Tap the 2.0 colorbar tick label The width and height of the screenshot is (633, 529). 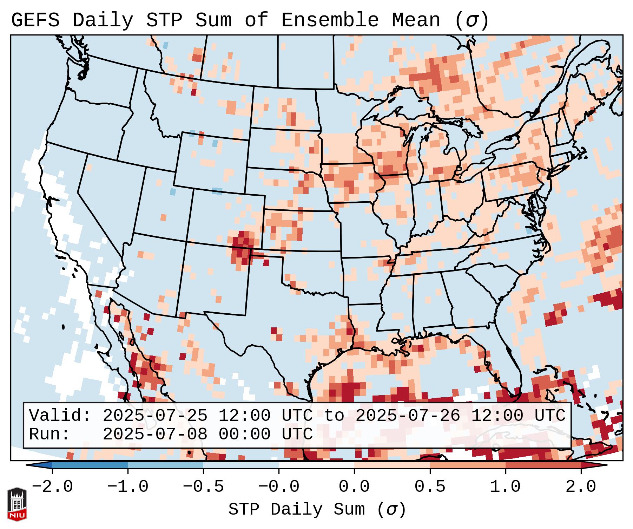click(x=581, y=487)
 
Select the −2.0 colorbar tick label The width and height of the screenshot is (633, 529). click(x=52, y=487)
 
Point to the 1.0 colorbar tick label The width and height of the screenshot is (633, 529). click(x=505, y=487)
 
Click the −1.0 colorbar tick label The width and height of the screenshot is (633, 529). click(x=128, y=487)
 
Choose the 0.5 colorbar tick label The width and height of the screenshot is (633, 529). click(x=430, y=487)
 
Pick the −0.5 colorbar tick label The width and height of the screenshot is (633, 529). click(x=203, y=487)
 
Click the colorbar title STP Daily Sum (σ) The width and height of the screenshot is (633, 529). click(x=317, y=509)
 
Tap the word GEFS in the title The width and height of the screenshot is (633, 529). click(x=35, y=20)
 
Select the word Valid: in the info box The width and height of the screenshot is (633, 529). click(x=60, y=416)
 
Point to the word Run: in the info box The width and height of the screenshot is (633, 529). click(x=50, y=435)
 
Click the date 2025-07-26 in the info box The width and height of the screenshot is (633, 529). click(x=408, y=416)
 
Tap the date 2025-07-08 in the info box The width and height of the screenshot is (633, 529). click(x=155, y=435)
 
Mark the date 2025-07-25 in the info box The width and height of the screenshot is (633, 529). click(x=155, y=416)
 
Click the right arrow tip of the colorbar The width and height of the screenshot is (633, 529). click(x=606, y=465)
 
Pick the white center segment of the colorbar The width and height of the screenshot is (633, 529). click(x=316, y=465)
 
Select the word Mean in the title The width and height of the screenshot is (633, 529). click(x=416, y=20)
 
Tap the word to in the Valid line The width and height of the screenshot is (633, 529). click(x=334, y=416)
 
